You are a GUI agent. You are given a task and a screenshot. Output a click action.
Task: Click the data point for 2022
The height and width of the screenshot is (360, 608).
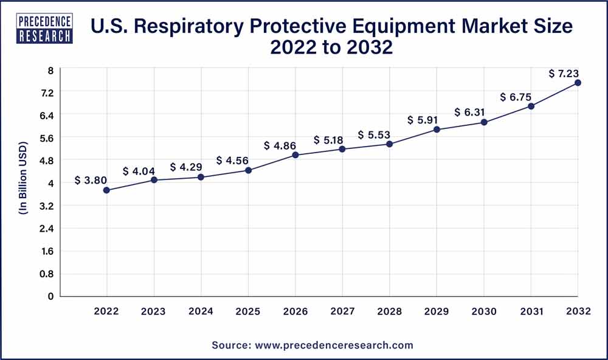(106, 190)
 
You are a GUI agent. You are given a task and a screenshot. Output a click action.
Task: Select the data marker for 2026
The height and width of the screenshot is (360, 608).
(295, 155)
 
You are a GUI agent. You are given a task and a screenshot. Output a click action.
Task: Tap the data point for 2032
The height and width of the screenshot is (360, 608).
(578, 83)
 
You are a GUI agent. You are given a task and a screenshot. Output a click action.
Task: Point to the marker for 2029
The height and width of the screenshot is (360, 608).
(437, 130)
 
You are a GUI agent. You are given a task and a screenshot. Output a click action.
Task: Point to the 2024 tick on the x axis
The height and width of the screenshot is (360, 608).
(201, 311)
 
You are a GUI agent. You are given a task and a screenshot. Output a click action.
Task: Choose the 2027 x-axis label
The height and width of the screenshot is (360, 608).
(342, 311)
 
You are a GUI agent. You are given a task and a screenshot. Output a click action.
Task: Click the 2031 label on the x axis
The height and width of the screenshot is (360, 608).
(531, 311)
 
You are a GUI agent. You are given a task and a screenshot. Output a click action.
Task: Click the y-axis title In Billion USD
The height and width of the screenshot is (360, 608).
(23, 183)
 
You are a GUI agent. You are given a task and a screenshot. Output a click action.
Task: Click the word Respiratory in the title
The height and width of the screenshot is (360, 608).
(210, 27)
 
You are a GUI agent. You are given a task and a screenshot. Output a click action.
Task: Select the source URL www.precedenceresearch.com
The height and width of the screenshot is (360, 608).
(333, 345)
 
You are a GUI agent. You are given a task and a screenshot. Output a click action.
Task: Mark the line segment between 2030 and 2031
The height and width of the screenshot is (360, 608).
(508, 114)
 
